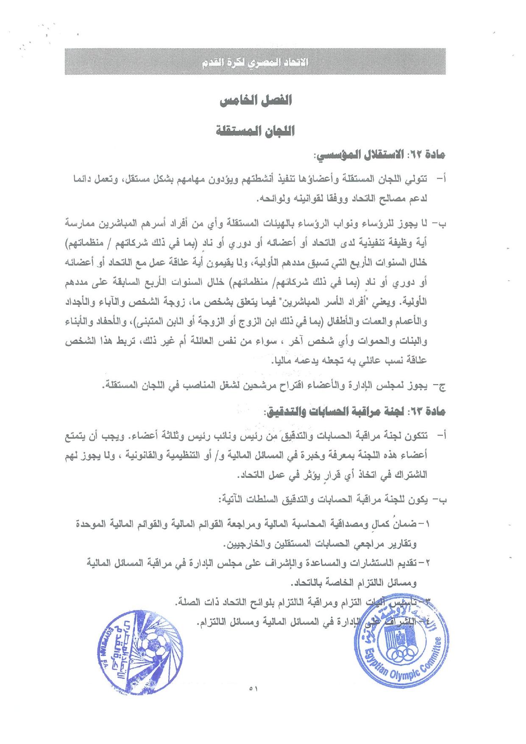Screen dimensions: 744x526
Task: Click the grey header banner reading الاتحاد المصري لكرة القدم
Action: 255,62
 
